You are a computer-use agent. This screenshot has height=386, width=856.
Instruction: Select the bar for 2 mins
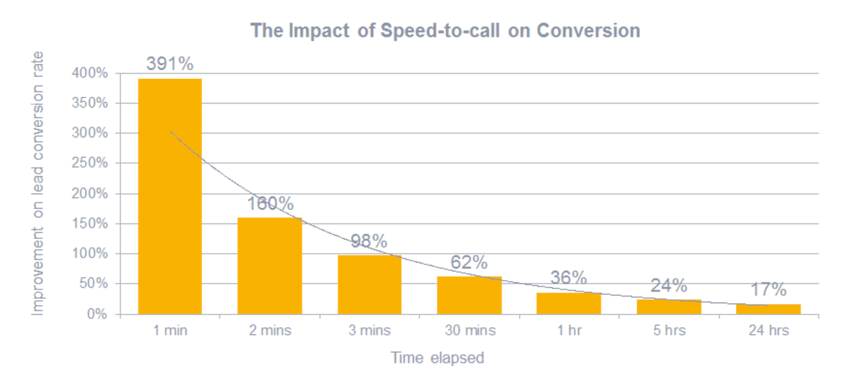tap(270, 266)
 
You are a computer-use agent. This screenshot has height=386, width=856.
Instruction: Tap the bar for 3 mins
tap(369, 284)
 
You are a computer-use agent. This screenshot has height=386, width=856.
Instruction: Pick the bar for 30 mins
tap(469, 295)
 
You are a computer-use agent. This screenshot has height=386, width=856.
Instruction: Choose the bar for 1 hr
tap(568, 303)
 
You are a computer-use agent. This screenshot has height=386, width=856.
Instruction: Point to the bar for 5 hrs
tap(669, 306)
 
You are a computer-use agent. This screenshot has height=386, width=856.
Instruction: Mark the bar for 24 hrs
tap(768, 309)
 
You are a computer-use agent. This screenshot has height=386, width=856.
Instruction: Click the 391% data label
tap(170, 64)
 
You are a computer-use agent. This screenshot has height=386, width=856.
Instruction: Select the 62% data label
tap(469, 262)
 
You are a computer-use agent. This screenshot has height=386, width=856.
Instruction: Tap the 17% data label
tap(768, 290)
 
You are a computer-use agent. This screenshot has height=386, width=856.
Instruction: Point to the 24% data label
tap(669, 286)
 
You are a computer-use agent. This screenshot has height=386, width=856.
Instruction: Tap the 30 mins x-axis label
tap(469, 330)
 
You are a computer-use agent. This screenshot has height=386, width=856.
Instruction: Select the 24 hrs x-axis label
tap(768, 330)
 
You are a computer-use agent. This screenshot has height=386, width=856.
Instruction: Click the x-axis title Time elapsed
tap(437, 358)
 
